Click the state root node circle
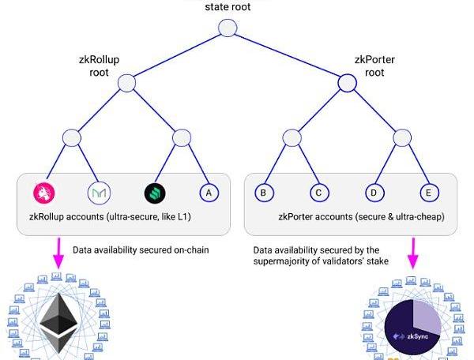tap(228, 28)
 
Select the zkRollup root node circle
tap(127, 82)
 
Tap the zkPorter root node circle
tap(347, 82)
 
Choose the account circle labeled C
tap(318, 192)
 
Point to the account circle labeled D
tap(374, 192)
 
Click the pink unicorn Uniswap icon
tap(43, 192)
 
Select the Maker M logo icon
tap(98, 192)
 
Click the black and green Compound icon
tap(155, 192)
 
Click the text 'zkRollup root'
tap(99, 65)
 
